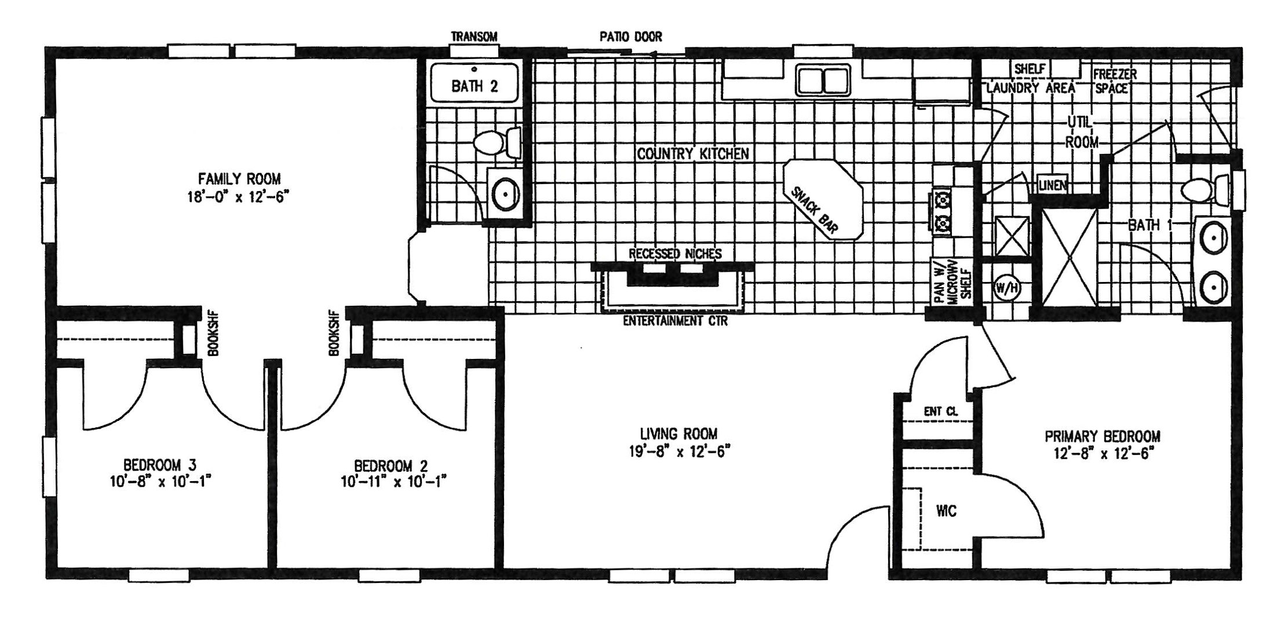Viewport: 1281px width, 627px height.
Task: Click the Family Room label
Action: pos(239,178)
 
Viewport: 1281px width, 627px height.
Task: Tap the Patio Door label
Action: pos(630,37)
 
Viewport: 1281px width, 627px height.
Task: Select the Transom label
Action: pos(474,37)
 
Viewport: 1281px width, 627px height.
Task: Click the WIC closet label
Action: pos(946,511)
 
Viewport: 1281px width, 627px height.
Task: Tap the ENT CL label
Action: pos(941,412)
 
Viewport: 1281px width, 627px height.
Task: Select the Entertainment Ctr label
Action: pos(675,321)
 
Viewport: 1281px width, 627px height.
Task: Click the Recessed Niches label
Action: pos(676,254)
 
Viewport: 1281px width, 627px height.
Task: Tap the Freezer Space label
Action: pos(1115,82)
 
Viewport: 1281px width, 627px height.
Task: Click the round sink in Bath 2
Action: pos(505,194)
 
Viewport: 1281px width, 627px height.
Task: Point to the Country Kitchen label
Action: pos(693,154)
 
